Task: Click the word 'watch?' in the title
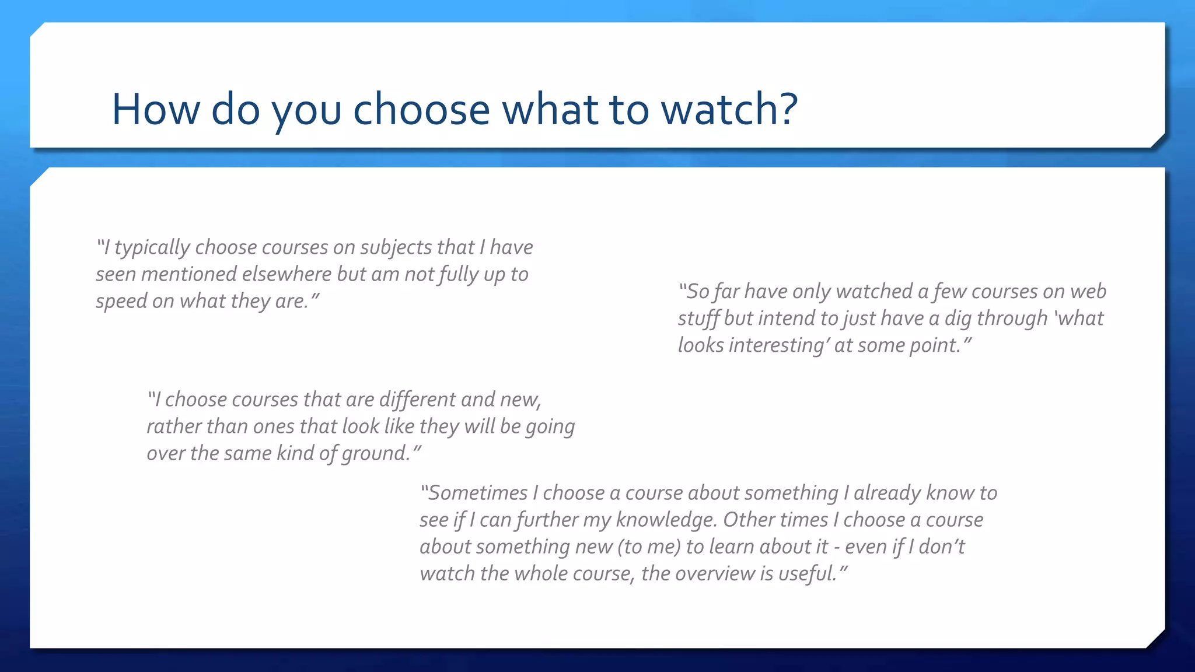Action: tap(729, 109)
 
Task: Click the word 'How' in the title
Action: tap(155, 109)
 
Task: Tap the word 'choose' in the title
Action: tap(421, 109)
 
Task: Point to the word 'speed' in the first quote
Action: tap(121, 302)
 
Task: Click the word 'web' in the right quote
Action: tap(1089, 291)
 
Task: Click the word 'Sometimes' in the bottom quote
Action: tap(478, 493)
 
